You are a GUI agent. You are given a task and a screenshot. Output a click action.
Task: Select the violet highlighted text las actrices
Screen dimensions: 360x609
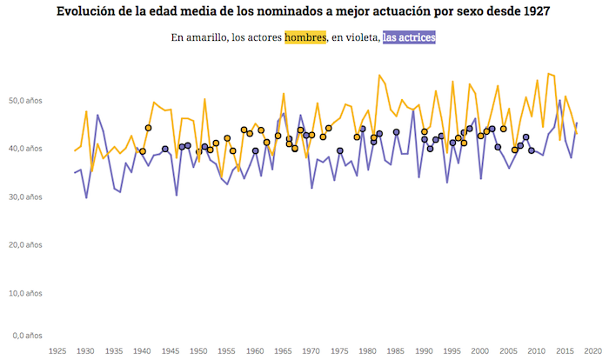tap(409, 38)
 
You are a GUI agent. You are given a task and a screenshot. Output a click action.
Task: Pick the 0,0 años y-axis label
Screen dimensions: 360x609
tap(25, 336)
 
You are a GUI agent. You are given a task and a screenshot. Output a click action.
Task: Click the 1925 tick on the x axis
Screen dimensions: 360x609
tap(57, 351)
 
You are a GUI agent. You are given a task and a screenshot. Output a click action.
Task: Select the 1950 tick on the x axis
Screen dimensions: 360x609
tap(198, 351)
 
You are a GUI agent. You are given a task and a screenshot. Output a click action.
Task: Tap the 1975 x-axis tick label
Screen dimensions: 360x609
tap(339, 351)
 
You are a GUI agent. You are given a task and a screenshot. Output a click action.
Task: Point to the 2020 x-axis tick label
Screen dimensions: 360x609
tap(592, 351)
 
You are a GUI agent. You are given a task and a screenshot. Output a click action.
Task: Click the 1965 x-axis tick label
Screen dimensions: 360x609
tap(283, 351)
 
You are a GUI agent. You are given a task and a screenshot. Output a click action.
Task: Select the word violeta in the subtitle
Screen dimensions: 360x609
tap(358, 38)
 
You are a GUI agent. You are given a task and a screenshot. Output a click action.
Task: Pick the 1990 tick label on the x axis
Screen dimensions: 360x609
tap(424, 351)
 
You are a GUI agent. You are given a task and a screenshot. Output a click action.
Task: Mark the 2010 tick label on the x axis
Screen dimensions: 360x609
tap(536, 351)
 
